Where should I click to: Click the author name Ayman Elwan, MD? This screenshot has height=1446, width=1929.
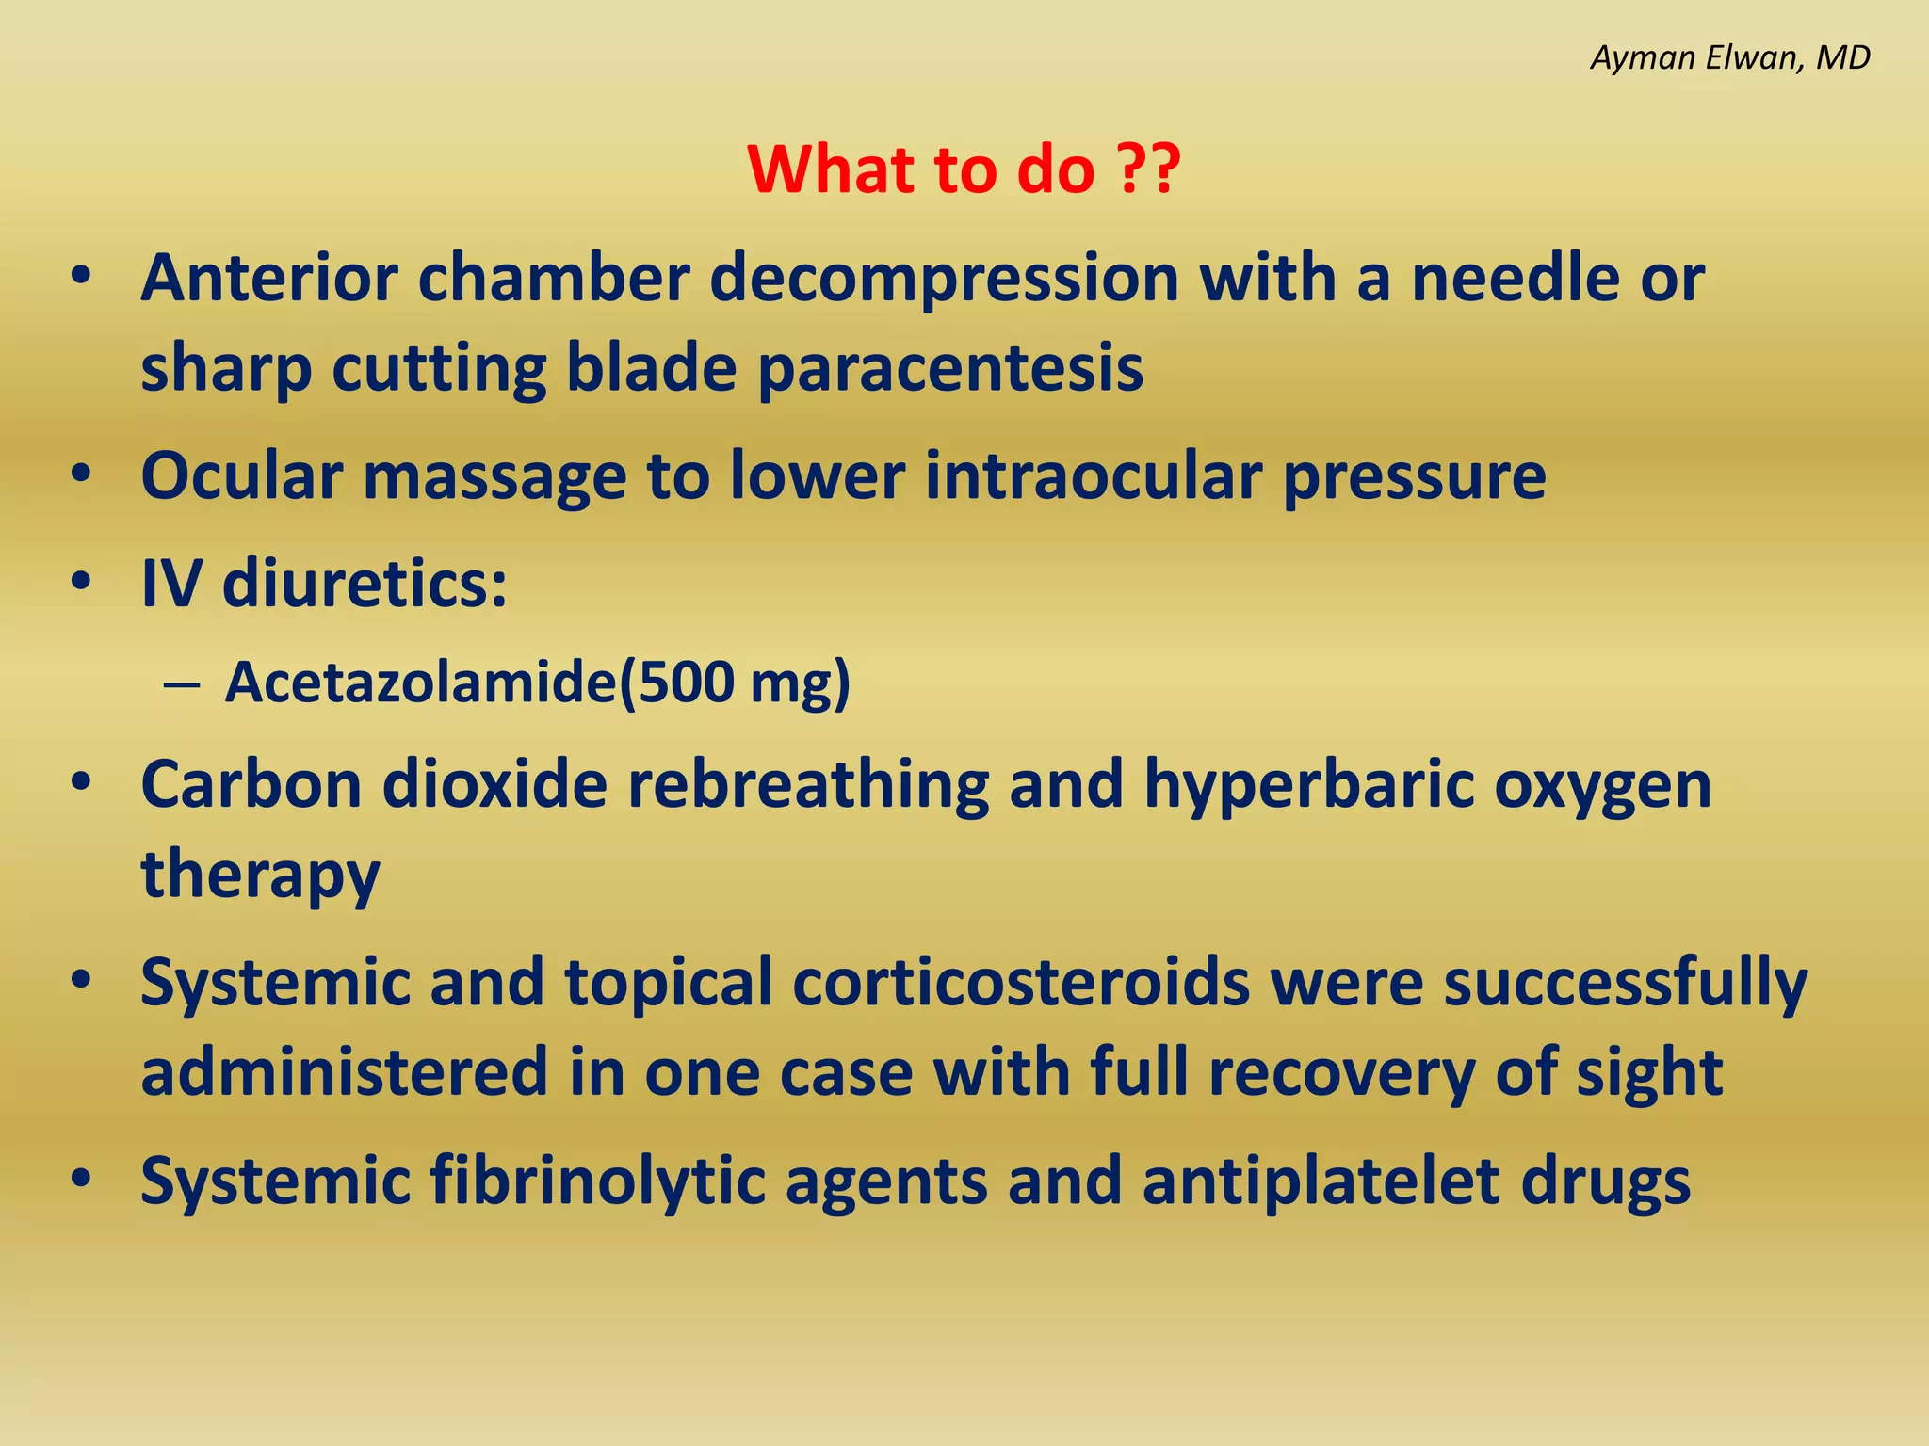point(1729,58)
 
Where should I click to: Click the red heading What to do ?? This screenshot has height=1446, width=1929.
point(964,169)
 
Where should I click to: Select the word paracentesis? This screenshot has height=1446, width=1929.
point(950,368)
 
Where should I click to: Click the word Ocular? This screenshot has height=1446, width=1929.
point(241,475)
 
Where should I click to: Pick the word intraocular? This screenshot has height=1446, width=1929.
point(1093,475)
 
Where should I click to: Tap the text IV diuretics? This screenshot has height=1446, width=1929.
point(324,584)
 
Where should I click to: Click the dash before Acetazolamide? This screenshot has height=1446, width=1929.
point(180,684)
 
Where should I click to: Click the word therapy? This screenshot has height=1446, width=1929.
point(260,875)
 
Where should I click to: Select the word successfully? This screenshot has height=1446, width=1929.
point(1626,982)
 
